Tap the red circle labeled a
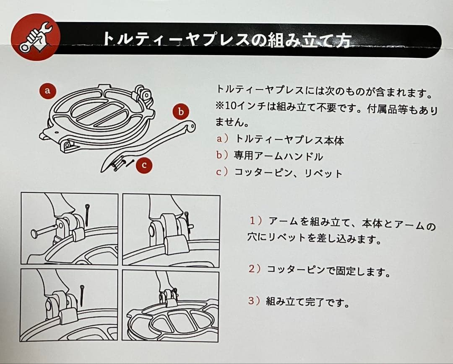coord(47,91)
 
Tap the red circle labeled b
coord(181,112)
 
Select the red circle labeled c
coord(144,165)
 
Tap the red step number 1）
coord(256,221)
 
